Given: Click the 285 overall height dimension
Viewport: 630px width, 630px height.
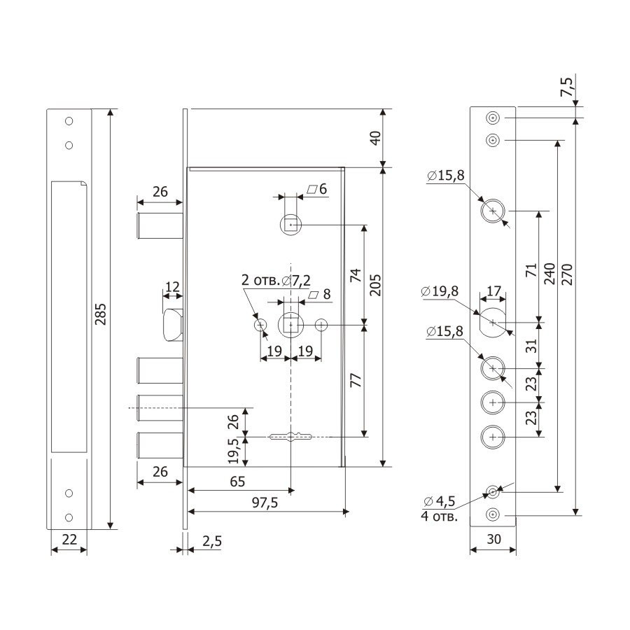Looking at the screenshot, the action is [x=100, y=314].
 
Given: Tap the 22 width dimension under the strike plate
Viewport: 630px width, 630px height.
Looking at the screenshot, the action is [x=69, y=539].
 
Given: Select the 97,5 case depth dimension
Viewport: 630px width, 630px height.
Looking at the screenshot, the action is [x=265, y=503].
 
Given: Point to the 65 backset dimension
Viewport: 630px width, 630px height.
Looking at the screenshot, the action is [x=237, y=482].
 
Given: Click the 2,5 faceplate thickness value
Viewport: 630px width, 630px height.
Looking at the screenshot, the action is [x=211, y=541].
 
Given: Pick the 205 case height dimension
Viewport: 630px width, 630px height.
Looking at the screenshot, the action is [x=375, y=286].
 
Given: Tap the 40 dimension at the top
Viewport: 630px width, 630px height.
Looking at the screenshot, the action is [x=375, y=138].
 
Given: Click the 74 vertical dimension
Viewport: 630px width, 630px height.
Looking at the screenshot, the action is [x=356, y=275].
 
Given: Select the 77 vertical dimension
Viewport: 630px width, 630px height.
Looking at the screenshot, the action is [x=356, y=381].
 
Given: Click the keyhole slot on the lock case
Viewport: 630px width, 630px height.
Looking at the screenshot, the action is [x=290, y=436].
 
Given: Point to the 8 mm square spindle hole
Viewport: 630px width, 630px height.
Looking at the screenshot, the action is [x=290, y=325].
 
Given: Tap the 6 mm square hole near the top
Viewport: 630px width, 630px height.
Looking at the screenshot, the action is [x=290, y=225].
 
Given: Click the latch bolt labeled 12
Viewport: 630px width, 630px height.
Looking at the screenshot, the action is [x=173, y=325].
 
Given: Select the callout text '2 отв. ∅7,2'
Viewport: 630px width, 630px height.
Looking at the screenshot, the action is [x=276, y=281].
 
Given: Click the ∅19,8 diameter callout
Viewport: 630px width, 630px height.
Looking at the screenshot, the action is [x=440, y=291].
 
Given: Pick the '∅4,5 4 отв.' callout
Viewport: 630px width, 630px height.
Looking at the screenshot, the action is [x=439, y=508].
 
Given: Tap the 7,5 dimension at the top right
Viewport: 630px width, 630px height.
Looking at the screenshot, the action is [x=568, y=87].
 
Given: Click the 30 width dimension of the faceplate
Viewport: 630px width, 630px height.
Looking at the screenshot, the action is [x=493, y=539].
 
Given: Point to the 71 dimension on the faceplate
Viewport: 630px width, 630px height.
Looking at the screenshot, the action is [x=531, y=270].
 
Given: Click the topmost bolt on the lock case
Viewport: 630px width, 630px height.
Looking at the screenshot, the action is [x=160, y=226].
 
